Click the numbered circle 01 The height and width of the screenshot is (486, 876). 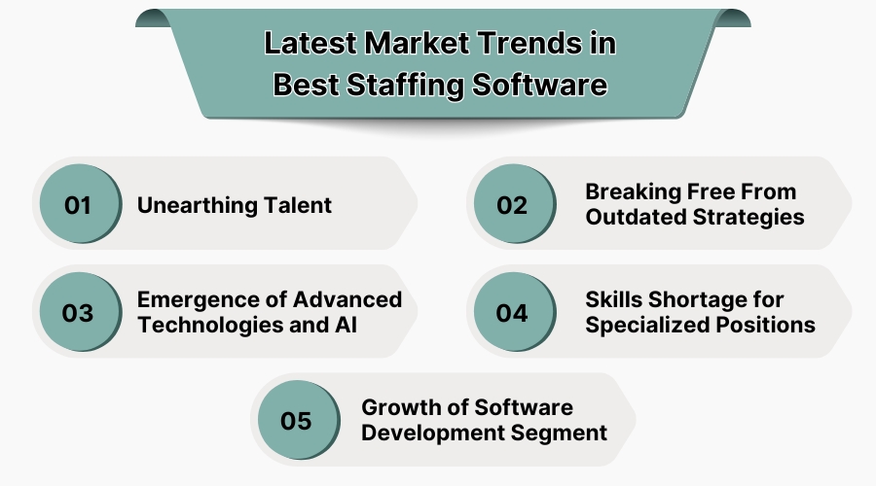point(78,205)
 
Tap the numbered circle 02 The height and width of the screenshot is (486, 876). point(512,205)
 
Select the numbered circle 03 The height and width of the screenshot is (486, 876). point(78,313)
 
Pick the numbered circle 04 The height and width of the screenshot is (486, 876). point(512,313)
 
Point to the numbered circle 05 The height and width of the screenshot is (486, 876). point(296,421)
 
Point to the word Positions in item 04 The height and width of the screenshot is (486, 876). point(768,325)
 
